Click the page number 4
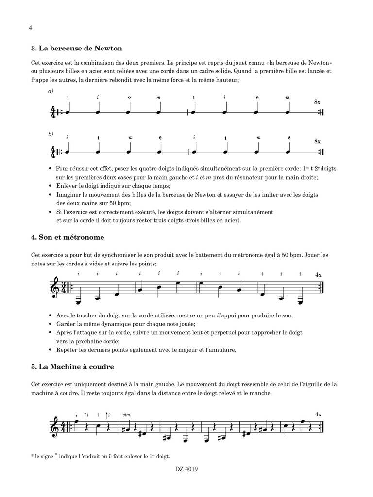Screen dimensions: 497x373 click(x=31, y=28)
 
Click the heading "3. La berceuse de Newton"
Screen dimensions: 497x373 click(x=76, y=49)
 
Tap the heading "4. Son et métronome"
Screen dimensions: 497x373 click(x=67, y=238)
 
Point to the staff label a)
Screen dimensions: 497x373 click(x=51, y=91)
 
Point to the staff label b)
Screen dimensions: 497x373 click(x=51, y=133)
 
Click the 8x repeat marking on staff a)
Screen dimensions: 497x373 click(x=317, y=102)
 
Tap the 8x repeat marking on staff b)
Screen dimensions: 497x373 click(x=317, y=141)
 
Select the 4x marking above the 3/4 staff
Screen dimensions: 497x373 click(x=318, y=275)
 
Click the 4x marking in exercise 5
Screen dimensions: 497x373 click(x=318, y=414)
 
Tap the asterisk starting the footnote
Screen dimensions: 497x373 click(x=31, y=456)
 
